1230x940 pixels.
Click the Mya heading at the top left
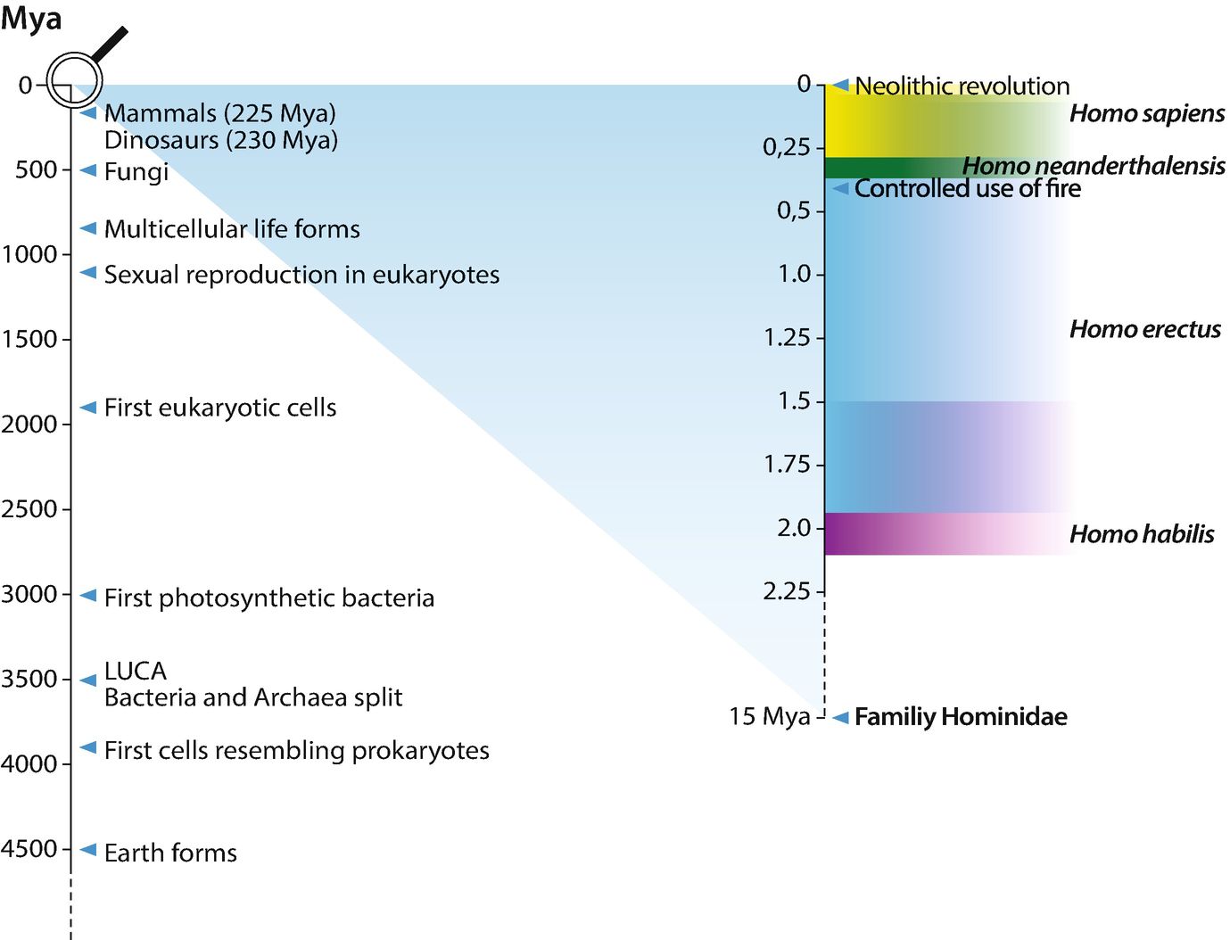pos(32,18)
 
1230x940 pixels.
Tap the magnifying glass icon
pos(75,78)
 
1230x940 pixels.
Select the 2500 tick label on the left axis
pos(29,509)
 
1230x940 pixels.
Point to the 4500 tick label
pos(29,849)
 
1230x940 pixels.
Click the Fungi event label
pos(136,171)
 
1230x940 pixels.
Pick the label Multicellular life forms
pos(232,229)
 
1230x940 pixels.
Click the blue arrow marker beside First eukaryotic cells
pos(88,408)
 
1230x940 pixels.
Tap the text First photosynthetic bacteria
pos(269,598)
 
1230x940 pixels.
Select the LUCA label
pos(136,671)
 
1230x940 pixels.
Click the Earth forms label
pos(170,853)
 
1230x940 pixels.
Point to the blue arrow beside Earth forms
pos(88,850)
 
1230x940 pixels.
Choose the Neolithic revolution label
pos(962,87)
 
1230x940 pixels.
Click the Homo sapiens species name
pos(1147,113)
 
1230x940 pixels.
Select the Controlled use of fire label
pos(968,189)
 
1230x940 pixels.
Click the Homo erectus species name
pos(1145,329)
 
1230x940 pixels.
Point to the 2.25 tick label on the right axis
pos(787,591)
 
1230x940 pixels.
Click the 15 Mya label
pos(770,716)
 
